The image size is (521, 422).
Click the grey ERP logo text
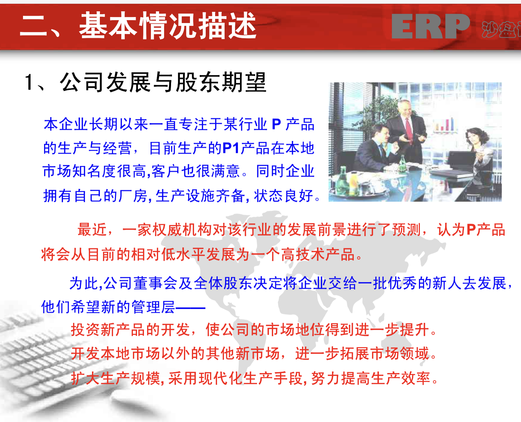[x=431, y=26]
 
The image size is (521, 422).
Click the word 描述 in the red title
[x=227, y=26]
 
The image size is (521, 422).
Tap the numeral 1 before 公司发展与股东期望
[x=29, y=82]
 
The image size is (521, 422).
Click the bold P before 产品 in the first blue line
[x=276, y=124]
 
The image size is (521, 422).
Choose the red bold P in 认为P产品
[x=471, y=230]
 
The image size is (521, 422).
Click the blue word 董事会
[x=155, y=283]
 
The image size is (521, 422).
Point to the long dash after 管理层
[x=190, y=308]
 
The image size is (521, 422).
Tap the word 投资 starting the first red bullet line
[x=86, y=330]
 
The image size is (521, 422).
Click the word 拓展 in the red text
[x=355, y=354]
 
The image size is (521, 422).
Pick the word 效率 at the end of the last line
[x=415, y=378]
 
